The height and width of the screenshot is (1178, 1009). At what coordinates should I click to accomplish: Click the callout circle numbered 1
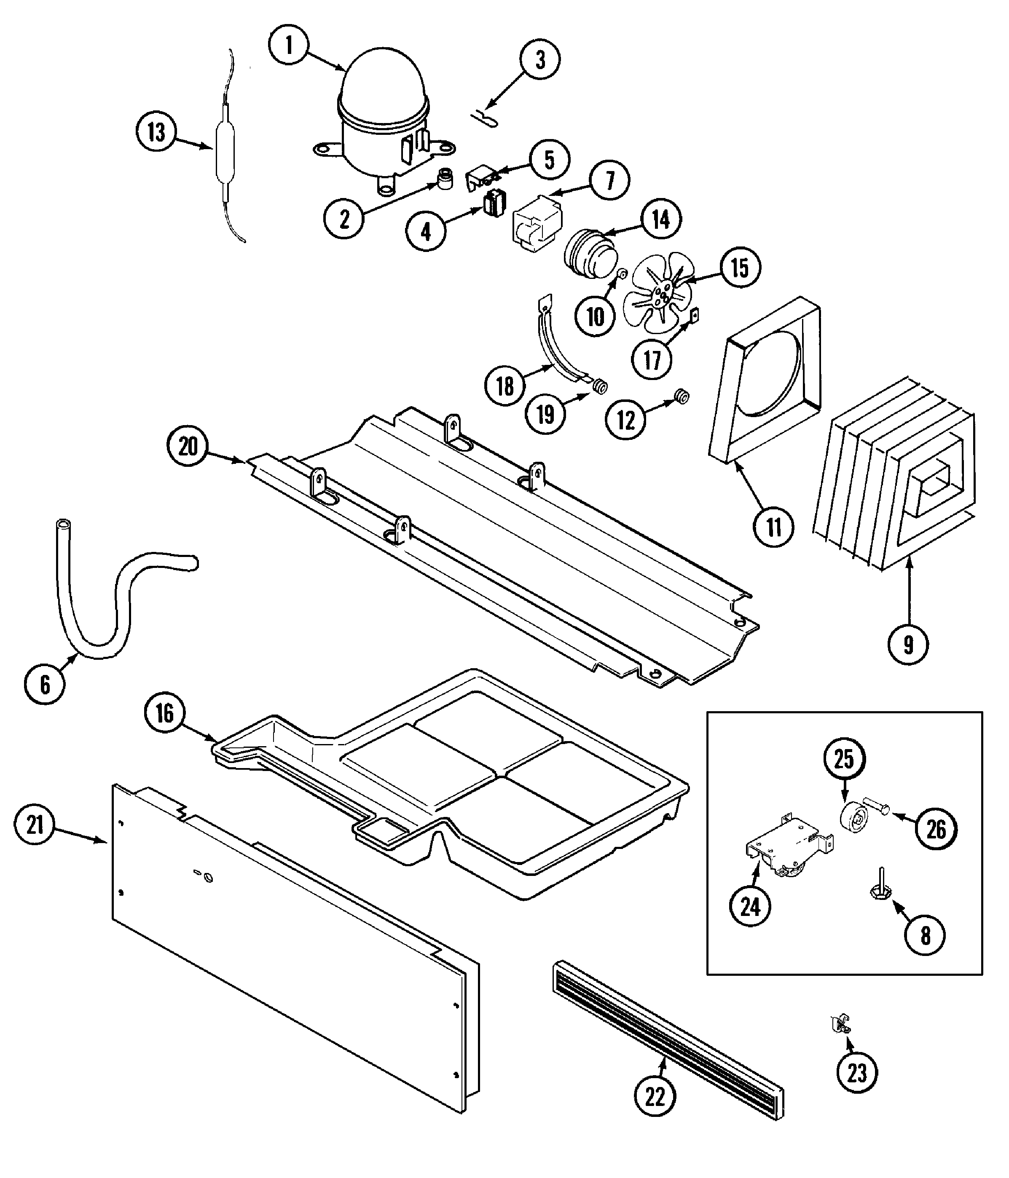[x=289, y=45]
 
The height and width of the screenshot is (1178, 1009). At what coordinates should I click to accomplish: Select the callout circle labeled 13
[x=156, y=132]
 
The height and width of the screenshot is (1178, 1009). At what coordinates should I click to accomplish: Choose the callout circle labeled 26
[x=936, y=830]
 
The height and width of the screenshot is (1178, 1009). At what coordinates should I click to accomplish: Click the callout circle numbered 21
[x=35, y=825]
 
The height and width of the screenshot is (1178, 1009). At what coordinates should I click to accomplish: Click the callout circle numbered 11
[x=773, y=527]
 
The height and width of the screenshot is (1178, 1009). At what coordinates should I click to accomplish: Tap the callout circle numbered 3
[x=540, y=59]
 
